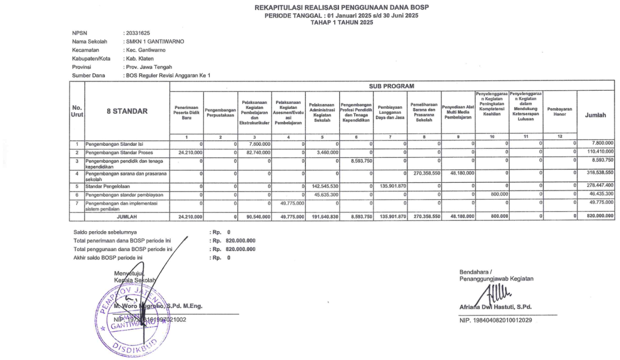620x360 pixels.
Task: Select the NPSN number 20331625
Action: tap(137, 33)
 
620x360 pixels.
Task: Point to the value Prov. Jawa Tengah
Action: tap(148, 67)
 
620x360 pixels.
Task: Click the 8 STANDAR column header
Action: tap(127, 111)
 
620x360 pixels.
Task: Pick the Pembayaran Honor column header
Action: tap(559, 111)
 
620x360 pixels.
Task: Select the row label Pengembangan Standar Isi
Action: tap(116, 144)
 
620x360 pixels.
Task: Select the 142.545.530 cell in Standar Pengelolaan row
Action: tap(321, 186)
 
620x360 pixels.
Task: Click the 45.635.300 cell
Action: tap(322, 195)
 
